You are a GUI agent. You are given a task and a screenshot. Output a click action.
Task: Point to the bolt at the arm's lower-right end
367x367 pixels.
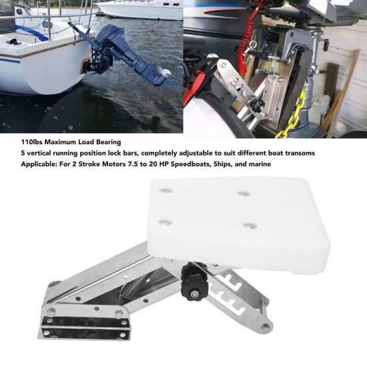pos(266,327)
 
